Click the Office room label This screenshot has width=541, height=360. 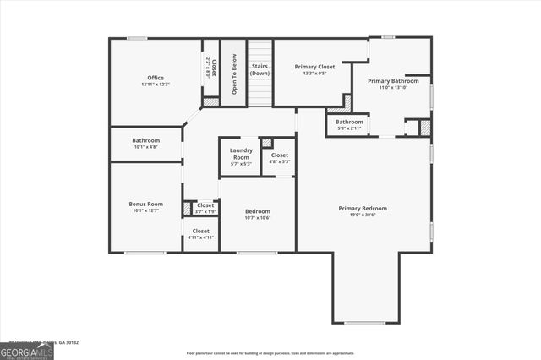pos(156,78)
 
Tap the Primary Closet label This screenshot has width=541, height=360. pos(315,66)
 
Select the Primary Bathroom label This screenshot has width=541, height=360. pos(393,81)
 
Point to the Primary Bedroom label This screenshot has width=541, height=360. pos(363,208)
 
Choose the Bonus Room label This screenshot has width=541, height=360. pos(145,205)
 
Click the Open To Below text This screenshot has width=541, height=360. pos(233,69)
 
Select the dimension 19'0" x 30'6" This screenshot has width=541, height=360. pos(363,215)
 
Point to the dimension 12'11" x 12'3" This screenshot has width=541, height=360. pos(156,85)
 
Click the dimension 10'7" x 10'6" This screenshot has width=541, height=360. pos(258,218)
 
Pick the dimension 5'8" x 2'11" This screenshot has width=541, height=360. pos(349,128)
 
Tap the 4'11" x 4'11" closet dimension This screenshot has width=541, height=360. pos(201,237)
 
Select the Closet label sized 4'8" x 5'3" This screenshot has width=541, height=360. pos(280,155)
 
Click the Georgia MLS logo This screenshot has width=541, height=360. pos(27,352)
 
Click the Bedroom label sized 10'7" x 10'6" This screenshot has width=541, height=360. pos(258,211)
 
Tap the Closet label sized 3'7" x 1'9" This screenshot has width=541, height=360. pos(205,205)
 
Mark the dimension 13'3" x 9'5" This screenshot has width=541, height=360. pos(315,73)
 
